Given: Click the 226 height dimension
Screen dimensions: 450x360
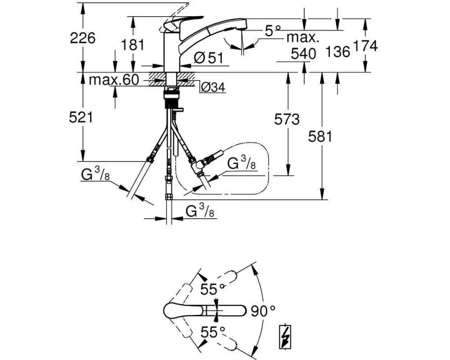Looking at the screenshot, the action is pyautogui.click(x=82, y=38).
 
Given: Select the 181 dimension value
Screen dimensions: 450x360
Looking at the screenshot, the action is pyautogui.click(x=132, y=45).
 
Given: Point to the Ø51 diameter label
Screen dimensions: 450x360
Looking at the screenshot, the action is pyautogui.click(x=208, y=58).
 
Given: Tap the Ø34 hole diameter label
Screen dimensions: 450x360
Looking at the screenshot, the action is pyautogui.click(x=213, y=87).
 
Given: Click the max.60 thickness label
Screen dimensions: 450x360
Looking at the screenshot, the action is pyautogui.click(x=114, y=80).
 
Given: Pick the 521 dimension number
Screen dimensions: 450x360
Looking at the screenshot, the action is pyautogui.click(x=81, y=117).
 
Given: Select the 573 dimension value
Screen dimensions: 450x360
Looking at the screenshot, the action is pyautogui.click(x=287, y=119).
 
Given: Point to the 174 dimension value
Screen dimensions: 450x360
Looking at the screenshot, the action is pyautogui.click(x=365, y=46).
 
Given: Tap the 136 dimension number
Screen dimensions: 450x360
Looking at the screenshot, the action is pyautogui.click(x=338, y=52).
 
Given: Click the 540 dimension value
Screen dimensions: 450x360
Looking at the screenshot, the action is pyautogui.click(x=303, y=54).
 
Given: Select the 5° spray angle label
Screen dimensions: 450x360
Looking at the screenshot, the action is pyautogui.click(x=273, y=31).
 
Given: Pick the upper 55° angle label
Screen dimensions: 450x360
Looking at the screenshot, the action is pyautogui.click(x=213, y=289).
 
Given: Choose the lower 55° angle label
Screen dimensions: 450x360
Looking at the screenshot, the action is pyautogui.click(x=213, y=333).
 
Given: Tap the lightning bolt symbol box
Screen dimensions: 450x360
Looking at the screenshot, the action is pyautogui.click(x=286, y=337).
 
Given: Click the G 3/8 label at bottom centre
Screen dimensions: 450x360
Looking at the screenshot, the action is pyautogui.click(x=200, y=211).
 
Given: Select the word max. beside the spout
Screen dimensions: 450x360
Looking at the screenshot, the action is pyautogui.click(x=303, y=37).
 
